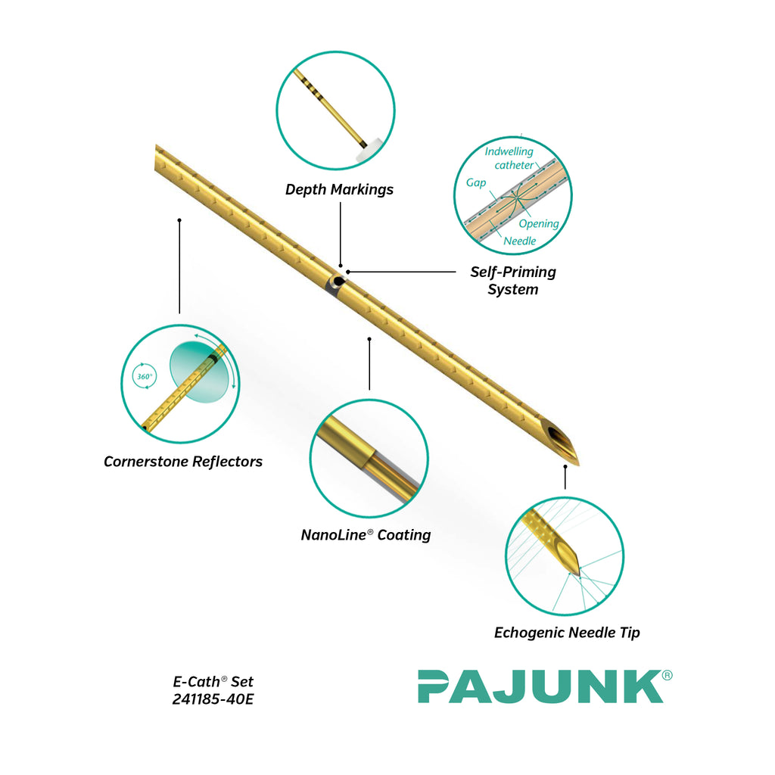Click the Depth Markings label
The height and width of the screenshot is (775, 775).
[339, 189]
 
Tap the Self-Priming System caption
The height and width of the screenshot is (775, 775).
[513, 280]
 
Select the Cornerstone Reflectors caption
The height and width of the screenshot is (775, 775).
[183, 462]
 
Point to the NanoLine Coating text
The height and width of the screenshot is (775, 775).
[366, 535]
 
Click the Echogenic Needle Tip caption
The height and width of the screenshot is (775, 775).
[567, 633]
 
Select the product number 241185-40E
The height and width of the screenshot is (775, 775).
[213, 699]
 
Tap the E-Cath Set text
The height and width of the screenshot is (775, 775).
[213, 682]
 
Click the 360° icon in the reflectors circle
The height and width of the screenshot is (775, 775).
[144, 376]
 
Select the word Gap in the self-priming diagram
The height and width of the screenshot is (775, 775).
[475, 183]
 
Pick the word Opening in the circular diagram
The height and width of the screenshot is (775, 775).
[538, 224]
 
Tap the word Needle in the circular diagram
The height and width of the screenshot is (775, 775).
[520, 241]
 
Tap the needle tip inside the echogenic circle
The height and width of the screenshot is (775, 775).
[575, 567]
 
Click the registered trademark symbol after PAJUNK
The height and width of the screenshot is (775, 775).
[667, 676]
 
